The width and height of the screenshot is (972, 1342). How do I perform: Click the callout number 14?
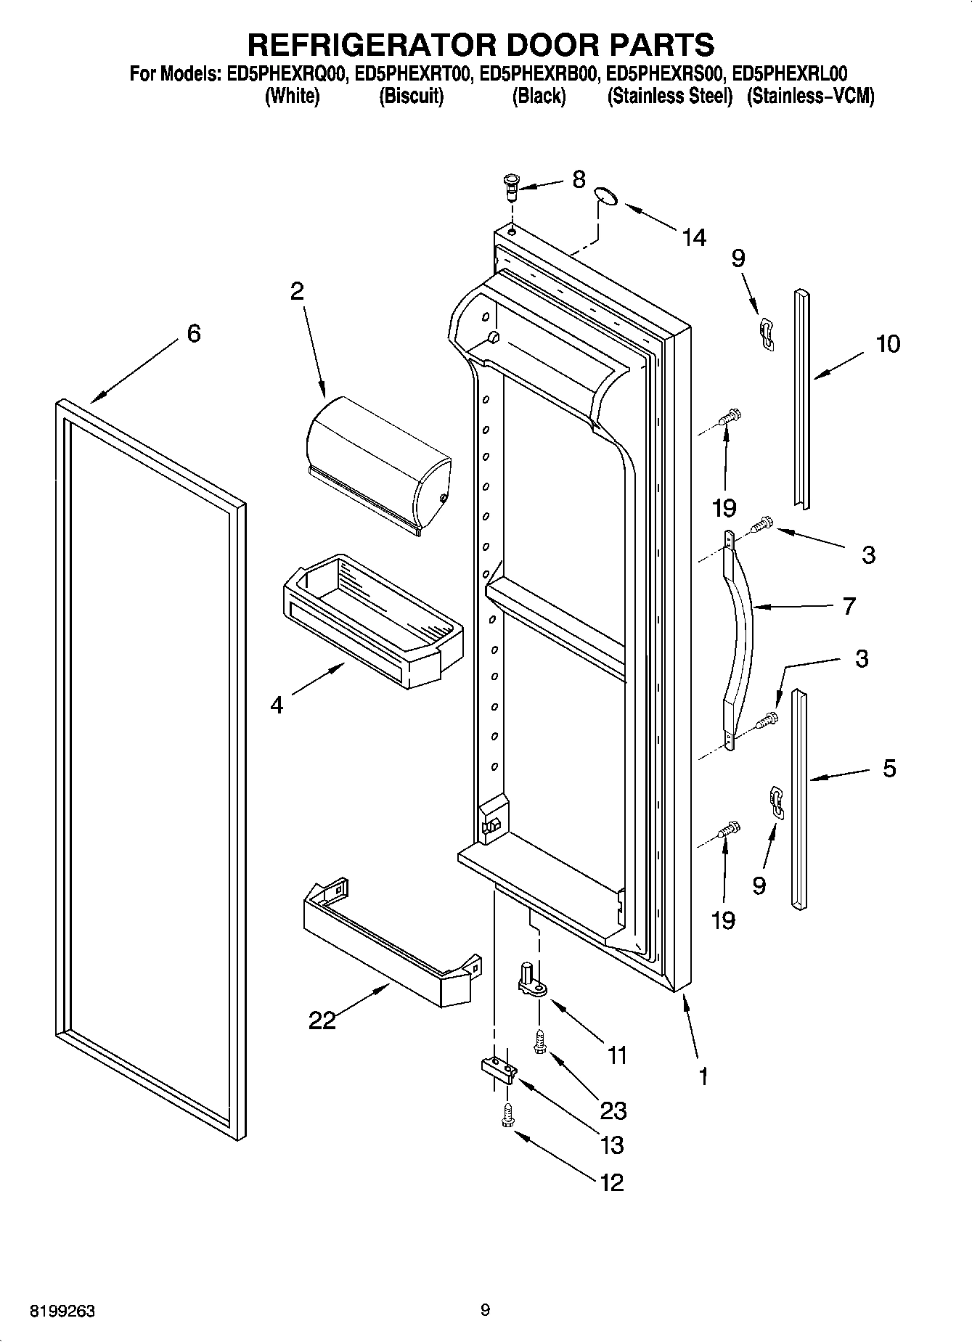coord(694,237)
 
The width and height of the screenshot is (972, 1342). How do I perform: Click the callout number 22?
coord(322,1021)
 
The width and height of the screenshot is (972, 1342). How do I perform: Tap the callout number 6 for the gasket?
coord(194,334)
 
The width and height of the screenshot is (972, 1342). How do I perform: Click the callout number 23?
coord(613,1110)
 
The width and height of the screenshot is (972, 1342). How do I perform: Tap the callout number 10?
coord(887,343)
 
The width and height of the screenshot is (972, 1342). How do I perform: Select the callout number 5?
coord(889,768)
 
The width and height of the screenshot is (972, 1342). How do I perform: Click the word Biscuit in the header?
coord(411,97)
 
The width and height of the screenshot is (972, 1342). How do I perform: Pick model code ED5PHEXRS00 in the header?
coord(666,74)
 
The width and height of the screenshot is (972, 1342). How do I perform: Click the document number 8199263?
coord(62,1312)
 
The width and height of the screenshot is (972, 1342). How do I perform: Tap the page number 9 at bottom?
coord(485,1310)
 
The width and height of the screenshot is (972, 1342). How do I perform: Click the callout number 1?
coord(702,1077)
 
